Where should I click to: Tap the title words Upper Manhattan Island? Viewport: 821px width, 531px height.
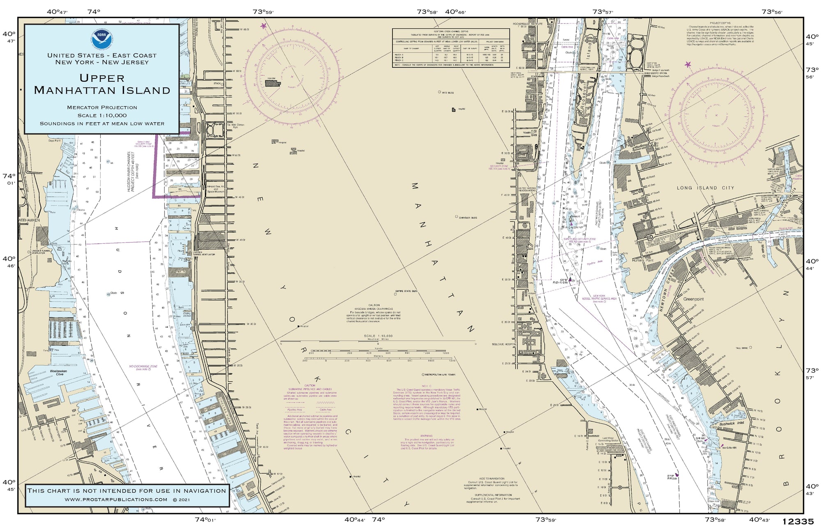click(x=102, y=84)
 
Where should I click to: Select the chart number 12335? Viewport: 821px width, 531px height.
click(x=798, y=522)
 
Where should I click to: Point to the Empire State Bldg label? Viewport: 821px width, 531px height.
click(x=406, y=291)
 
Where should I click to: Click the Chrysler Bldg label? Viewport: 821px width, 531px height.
click(x=468, y=217)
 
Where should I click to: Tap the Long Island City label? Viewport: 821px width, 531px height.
click(x=705, y=188)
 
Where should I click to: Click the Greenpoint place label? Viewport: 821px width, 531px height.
click(x=693, y=299)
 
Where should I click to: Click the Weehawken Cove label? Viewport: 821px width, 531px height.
click(x=58, y=372)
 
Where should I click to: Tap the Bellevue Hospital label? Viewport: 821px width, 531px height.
click(x=504, y=344)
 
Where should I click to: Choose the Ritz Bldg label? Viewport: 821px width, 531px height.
click(x=447, y=93)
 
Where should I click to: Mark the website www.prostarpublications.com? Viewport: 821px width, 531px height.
click(x=116, y=499)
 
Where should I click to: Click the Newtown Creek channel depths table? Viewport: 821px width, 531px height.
click(x=450, y=48)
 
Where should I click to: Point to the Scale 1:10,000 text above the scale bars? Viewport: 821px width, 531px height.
click(x=378, y=336)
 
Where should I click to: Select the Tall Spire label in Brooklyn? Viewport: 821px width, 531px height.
click(x=741, y=348)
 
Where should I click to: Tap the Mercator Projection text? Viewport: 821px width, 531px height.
click(x=102, y=108)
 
